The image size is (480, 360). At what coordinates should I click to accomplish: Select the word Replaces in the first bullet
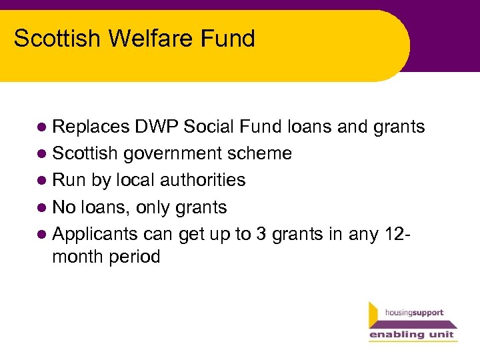90,127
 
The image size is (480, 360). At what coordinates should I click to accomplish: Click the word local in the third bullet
132,180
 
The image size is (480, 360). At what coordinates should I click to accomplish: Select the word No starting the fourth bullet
64,207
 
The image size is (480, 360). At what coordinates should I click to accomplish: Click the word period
137,257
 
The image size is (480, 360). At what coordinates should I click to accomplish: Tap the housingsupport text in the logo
414,313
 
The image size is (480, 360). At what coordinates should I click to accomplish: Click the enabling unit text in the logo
412,334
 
